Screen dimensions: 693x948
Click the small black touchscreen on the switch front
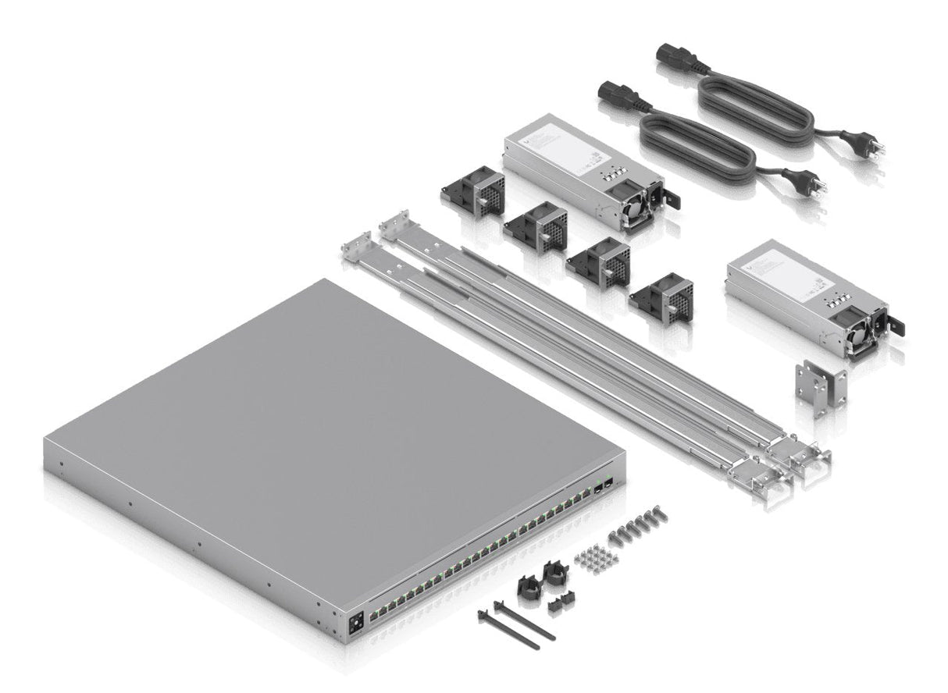pyautogui.click(x=358, y=624)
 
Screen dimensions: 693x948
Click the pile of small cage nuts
pyautogui.click(x=596, y=556)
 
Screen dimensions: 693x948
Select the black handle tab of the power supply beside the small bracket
pyautogui.click(x=899, y=326)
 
